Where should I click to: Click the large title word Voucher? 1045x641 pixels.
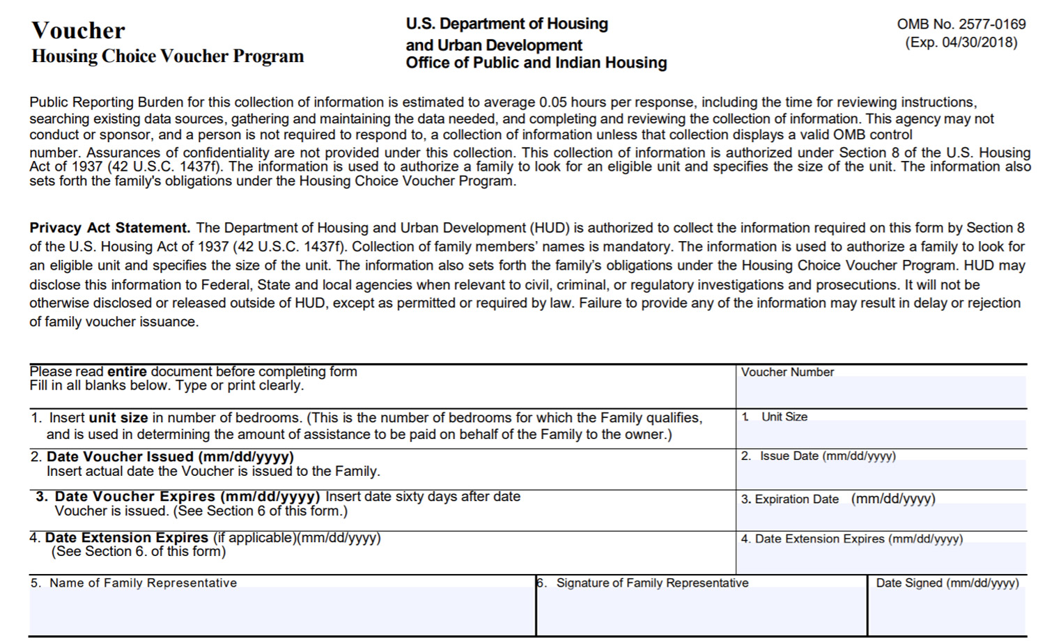(78, 31)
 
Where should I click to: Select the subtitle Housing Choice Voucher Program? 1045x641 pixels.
(167, 56)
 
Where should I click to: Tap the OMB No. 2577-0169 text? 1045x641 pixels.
(961, 24)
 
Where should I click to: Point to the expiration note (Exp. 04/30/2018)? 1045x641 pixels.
(961, 43)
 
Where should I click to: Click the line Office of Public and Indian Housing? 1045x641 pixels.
(536, 63)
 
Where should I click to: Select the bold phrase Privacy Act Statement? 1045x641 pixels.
(109, 228)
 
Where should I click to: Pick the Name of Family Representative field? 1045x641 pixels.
(281, 610)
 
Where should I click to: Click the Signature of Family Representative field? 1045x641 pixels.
(701, 612)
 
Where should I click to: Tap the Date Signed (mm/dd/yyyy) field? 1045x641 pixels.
(947, 612)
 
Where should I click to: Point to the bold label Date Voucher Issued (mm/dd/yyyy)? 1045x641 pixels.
(170, 457)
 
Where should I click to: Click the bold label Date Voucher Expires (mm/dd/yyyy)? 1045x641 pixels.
(187, 497)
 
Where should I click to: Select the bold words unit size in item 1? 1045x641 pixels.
(118, 418)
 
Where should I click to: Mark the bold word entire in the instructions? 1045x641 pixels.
(127, 371)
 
